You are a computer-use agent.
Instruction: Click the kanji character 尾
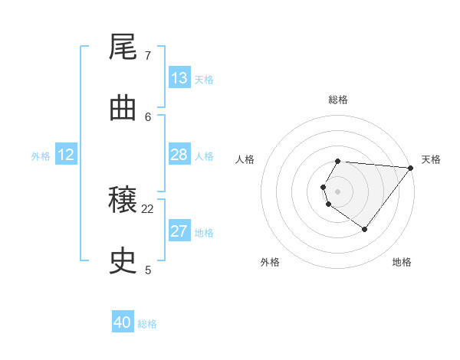(x=123, y=48)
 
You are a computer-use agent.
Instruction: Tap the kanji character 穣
(x=123, y=201)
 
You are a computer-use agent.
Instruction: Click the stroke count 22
(x=148, y=208)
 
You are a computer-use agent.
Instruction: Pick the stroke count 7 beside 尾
(x=148, y=55)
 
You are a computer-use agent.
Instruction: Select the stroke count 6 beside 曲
(x=148, y=116)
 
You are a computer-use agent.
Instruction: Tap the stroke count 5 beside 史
(x=148, y=270)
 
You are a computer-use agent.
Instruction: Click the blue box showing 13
(x=179, y=78)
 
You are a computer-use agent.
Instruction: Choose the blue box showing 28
(x=179, y=155)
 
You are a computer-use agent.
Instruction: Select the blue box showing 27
(x=179, y=231)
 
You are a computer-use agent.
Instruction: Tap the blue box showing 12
(x=66, y=155)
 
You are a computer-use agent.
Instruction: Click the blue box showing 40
(x=123, y=322)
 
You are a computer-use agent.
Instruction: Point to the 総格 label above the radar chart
(x=338, y=100)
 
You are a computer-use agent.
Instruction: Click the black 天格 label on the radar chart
(x=431, y=159)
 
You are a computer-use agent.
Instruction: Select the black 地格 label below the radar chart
(x=402, y=262)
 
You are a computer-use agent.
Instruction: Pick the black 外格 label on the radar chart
(x=270, y=262)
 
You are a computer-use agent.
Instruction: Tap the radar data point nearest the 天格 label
(x=411, y=168)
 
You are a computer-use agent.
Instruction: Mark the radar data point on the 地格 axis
(x=365, y=229)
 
